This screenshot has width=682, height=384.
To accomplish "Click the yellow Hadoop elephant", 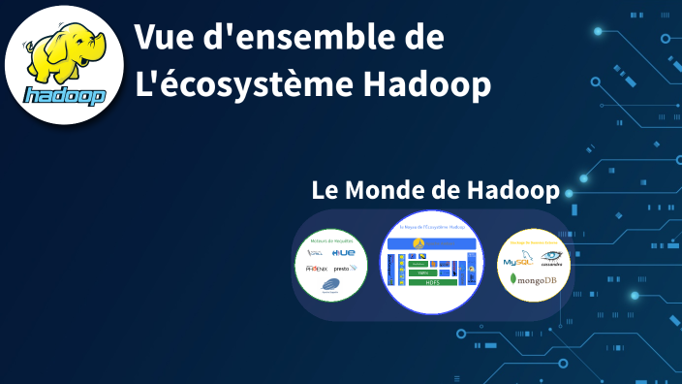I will click(x=59, y=54).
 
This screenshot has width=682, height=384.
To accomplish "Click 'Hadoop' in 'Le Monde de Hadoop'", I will click(x=512, y=190).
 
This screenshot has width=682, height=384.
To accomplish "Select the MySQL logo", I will click(x=515, y=260).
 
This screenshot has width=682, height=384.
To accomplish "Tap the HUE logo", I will click(x=343, y=253).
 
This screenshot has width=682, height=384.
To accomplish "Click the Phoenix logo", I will click(x=316, y=268).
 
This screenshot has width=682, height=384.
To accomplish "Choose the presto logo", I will click(x=344, y=268).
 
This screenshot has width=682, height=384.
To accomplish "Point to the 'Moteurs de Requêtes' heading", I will click(x=330, y=240).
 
